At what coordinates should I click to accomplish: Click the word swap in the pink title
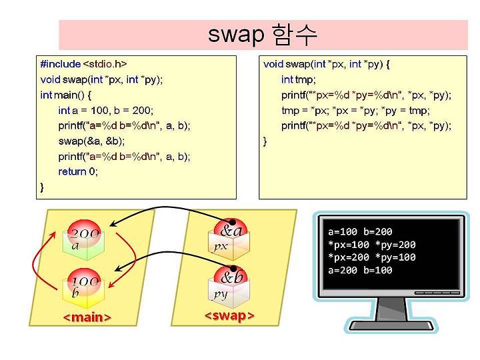pyautogui.click(x=236, y=35)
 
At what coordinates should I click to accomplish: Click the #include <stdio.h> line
pyautogui.click(x=83, y=64)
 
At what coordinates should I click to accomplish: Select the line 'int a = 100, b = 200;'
pyautogui.click(x=105, y=110)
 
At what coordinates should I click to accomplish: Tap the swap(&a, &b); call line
pyautogui.click(x=91, y=141)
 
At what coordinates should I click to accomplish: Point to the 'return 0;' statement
pyautogui.click(x=78, y=171)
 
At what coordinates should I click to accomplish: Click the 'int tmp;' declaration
pyautogui.click(x=298, y=79)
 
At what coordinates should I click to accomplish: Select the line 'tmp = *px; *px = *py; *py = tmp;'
pyautogui.click(x=355, y=110)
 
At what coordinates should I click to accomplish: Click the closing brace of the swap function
pyautogui.click(x=265, y=141)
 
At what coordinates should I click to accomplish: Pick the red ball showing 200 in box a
pyautogui.click(x=84, y=233)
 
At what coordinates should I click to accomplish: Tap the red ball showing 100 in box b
pyautogui.click(x=84, y=281)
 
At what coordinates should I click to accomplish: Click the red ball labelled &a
pyautogui.click(x=230, y=230)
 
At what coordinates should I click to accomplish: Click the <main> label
pyautogui.click(x=87, y=317)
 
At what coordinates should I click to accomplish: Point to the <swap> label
pyautogui.click(x=229, y=315)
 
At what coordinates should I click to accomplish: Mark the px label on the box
pyautogui.click(x=221, y=246)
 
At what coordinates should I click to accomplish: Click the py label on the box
pyautogui.click(x=221, y=295)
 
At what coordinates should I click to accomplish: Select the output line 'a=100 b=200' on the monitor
pyautogui.click(x=360, y=232)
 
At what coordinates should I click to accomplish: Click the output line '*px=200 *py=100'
pyautogui.click(x=372, y=257)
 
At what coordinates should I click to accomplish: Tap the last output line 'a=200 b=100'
pyautogui.click(x=360, y=270)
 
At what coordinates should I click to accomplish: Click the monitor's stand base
pyautogui.click(x=391, y=325)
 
